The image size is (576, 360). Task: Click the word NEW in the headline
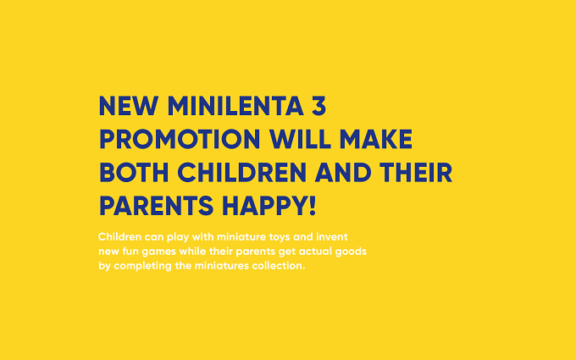click(129, 106)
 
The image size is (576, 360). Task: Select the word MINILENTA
click(235, 106)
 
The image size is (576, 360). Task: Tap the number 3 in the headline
click(318, 106)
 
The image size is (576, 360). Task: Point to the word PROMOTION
click(180, 139)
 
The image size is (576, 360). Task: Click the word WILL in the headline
click(300, 139)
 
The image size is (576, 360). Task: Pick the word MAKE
click(376, 139)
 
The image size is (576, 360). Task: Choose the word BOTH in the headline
click(134, 172)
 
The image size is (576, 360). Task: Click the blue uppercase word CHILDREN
click(241, 172)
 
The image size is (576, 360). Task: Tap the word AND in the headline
click(343, 172)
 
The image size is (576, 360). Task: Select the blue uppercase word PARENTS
click(156, 206)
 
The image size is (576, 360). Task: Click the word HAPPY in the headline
click(264, 206)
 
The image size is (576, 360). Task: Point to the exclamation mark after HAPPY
click(313, 206)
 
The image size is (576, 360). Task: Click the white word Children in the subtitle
click(119, 237)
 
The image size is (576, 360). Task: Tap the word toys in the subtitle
click(280, 238)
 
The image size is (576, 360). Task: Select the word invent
click(332, 237)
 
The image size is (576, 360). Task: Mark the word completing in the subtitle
click(142, 266)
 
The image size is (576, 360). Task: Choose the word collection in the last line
click(277, 266)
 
